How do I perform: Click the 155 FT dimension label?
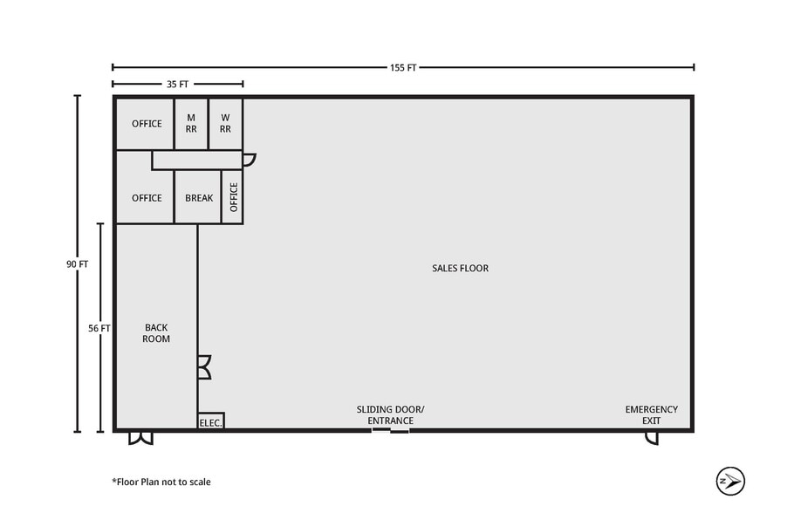[403, 67]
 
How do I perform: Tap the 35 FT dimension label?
[177, 84]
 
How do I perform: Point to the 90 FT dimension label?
[77, 263]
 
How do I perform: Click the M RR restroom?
[191, 123]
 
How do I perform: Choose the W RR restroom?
[225, 123]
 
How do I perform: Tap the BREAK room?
[199, 198]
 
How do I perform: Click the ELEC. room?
[211, 421]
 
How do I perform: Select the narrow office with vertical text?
[233, 197]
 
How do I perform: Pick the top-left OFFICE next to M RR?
[147, 123]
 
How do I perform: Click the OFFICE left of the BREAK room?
[147, 198]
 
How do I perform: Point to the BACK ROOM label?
[157, 332]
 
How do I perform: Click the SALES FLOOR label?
[460, 268]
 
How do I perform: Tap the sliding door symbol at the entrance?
[390, 430]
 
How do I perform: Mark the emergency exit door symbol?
[652, 437]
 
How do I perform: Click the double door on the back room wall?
[204, 366]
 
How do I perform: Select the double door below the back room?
[140, 437]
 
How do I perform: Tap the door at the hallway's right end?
[249, 160]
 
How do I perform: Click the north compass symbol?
[729, 480]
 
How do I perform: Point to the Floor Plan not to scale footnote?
[161, 482]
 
